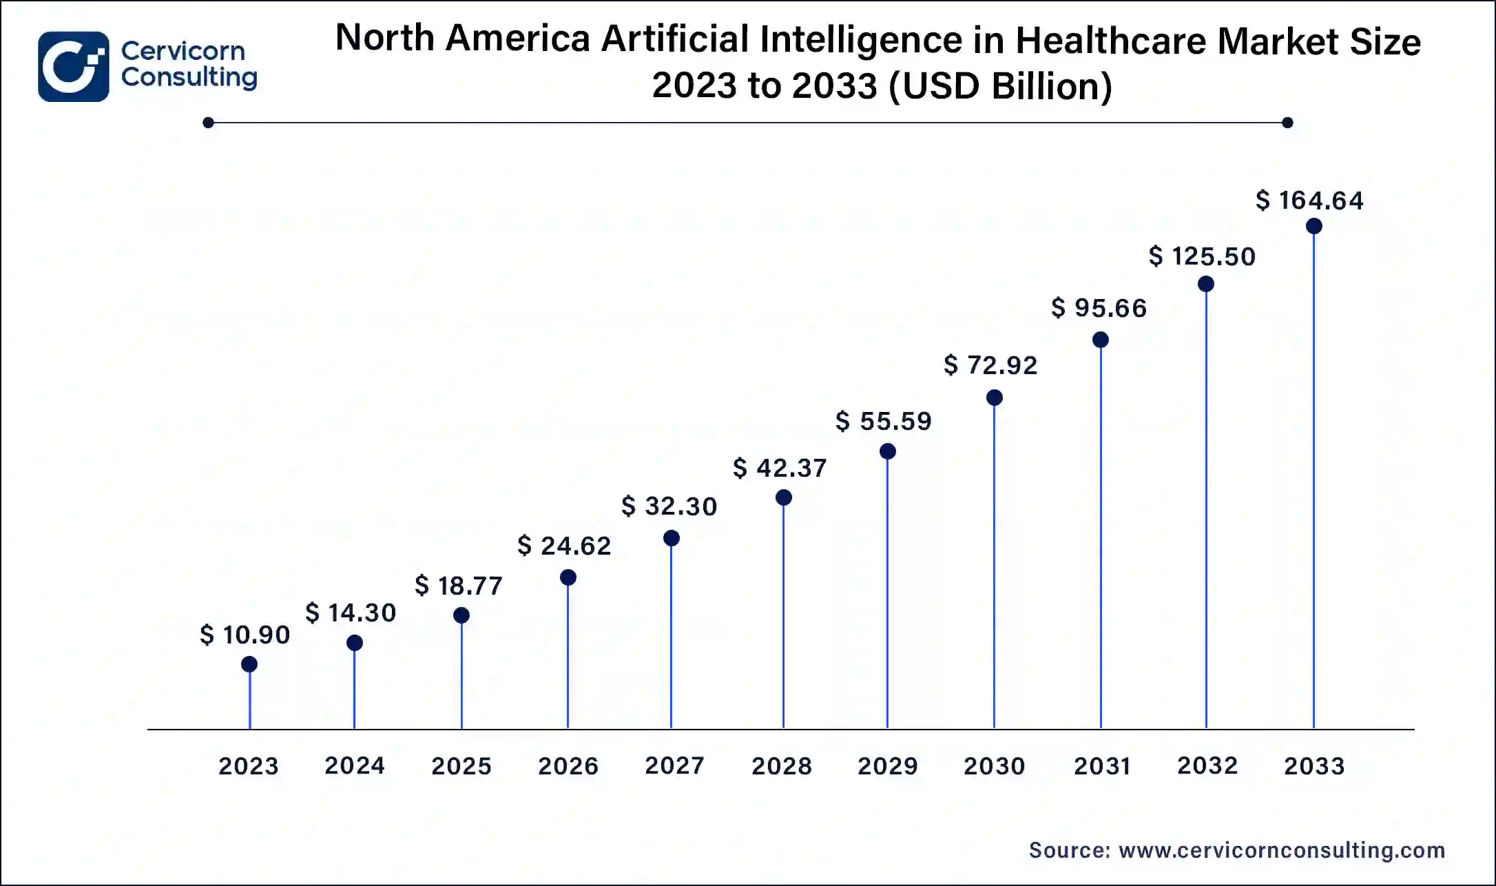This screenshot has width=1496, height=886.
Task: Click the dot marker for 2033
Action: (1313, 226)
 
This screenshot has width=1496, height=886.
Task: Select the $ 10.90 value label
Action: (245, 635)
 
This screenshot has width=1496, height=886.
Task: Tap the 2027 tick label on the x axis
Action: (674, 765)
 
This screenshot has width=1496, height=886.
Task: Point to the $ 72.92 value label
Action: (990, 365)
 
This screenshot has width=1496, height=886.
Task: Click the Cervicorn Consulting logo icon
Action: (73, 66)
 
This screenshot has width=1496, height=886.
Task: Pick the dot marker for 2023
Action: (249, 664)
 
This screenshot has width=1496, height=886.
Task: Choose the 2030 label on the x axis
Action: (994, 766)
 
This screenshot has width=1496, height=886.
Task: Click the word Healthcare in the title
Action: (1111, 41)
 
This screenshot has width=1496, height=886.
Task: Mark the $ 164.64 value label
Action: (1309, 200)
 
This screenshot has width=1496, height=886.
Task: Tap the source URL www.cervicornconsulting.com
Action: (1281, 850)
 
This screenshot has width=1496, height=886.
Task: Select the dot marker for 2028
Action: (783, 497)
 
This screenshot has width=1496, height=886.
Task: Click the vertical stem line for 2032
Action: (1206, 510)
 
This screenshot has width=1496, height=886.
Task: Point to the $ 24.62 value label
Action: (564, 546)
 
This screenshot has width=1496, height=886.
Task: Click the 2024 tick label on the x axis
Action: (354, 765)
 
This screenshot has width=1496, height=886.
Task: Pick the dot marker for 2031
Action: (1101, 340)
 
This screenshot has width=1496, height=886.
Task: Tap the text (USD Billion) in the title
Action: (1000, 86)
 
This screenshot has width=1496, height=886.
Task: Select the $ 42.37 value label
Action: (780, 468)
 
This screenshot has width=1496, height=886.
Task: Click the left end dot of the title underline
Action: (209, 123)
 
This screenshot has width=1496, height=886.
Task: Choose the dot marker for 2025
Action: (461, 615)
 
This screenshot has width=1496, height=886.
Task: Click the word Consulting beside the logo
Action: (189, 77)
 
